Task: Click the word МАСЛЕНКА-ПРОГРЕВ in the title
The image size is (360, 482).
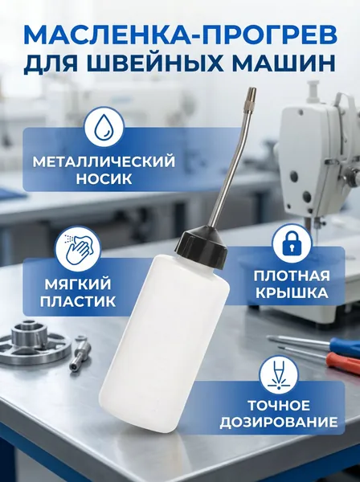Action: (180, 35)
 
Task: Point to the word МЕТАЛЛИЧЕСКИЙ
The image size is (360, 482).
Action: (104, 162)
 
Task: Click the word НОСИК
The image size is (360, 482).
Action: (104, 179)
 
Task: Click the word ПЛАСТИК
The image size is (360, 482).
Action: (77, 301)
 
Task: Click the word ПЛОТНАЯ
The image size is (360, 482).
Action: (292, 276)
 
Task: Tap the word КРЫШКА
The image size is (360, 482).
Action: (292, 293)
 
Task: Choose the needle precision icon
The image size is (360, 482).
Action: (279, 376)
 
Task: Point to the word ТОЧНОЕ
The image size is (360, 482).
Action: (279, 406)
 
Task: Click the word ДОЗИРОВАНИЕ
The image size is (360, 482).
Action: (279, 423)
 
